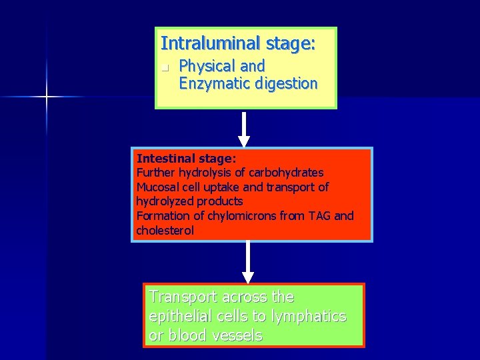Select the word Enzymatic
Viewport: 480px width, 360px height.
(x=215, y=84)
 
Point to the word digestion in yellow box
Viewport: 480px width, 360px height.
(x=286, y=84)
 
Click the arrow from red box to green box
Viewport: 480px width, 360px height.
(x=248, y=262)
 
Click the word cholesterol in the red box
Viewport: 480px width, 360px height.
(x=165, y=231)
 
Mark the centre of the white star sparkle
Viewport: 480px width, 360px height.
(x=47, y=97)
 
